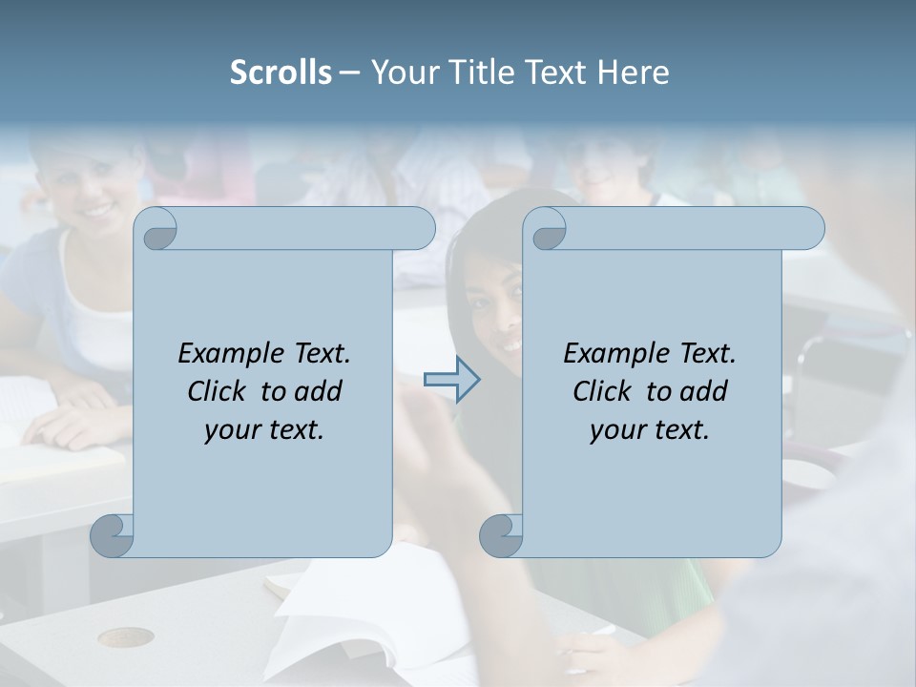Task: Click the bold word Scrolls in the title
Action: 281,72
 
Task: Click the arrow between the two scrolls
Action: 451,380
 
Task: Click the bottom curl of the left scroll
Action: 113,535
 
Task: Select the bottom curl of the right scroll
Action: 501,535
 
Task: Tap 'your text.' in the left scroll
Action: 264,429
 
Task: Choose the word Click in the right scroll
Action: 605,391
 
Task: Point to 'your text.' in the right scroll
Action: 650,429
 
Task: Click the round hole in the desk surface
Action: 125,636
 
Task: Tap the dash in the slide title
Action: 350,72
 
